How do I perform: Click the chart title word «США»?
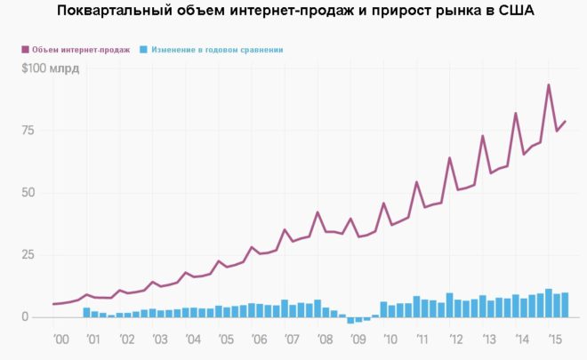pyautogui.click(x=513, y=12)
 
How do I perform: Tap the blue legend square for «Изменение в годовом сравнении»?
pyautogui.click(x=144, y=50)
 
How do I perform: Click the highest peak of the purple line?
pyautogui.click(x=549, y=85)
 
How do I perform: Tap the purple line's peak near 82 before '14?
pyautogui.click(x=516, y=113)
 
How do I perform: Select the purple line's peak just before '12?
pyautogui.click(x=450, y=158)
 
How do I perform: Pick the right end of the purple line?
pyautogui.click(x=566, y=121)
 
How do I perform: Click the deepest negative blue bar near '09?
pyautogui.click(x=351, y=321)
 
